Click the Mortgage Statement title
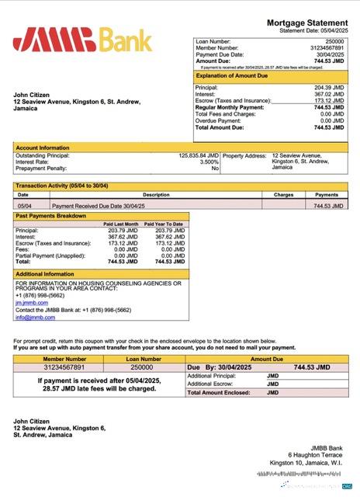coord(306,25)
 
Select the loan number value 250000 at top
coord(334,41)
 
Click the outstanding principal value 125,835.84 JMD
coord(198,155)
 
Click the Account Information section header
coord(43,147)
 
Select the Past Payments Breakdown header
coord(51,215)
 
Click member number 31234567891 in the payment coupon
coord(64,367)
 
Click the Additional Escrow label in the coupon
coord(210,384)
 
